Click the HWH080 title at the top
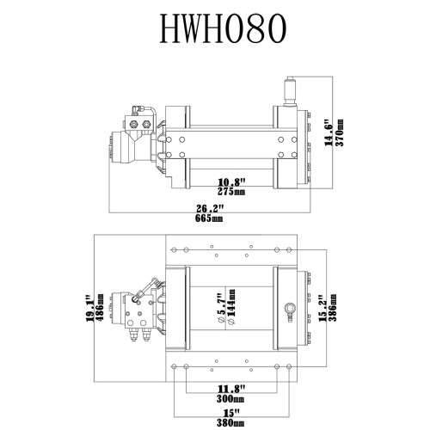tap(223, 28)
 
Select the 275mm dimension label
tap(231, 191)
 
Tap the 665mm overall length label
tap(209, 218)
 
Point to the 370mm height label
tap(341, 132)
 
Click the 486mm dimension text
tap(100, 307)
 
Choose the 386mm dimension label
tap(333, 307)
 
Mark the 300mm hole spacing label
tap(230, 398)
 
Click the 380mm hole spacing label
tap(230, 422)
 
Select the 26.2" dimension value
tap(210, 208)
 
